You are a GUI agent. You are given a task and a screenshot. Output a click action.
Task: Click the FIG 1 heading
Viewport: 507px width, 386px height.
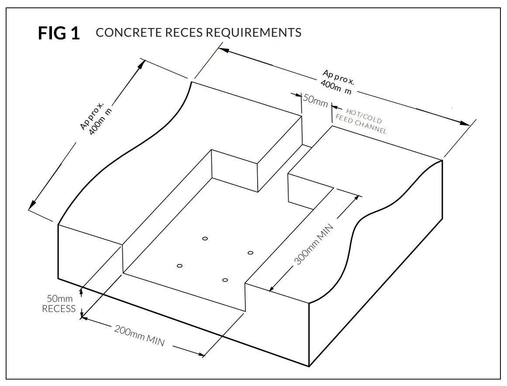(59, 33)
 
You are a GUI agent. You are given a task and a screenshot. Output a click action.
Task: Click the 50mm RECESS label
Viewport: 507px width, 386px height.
(59, 304)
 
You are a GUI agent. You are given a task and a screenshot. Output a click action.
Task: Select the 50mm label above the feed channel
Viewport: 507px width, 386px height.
(315, 100)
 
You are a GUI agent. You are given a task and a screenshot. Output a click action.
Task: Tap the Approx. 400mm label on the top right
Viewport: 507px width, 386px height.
(338, 82)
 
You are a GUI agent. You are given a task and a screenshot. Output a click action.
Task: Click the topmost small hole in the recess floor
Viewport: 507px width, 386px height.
(205, 238)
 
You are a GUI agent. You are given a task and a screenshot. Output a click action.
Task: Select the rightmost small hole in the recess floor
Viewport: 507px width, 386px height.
(250, 253)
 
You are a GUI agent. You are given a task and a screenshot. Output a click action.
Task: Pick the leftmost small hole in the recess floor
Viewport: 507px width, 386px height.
(179, 266)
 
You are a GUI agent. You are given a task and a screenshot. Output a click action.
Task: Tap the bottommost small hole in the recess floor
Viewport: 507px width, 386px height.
(225, 280)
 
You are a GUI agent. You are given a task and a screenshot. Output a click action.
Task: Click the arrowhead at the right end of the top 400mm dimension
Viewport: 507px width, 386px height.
(466, 124)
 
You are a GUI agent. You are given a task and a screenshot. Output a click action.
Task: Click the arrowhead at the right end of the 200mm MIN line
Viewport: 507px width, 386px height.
(201, 354)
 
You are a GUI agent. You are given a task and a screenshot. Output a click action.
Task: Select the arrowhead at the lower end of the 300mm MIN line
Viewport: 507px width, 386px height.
(272, 288)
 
